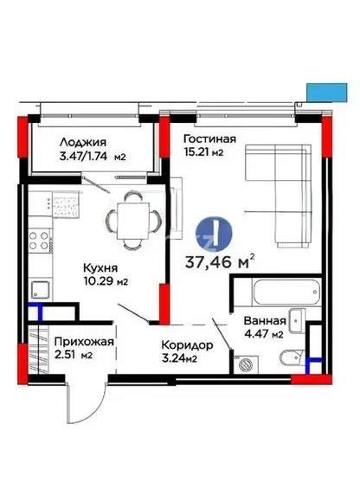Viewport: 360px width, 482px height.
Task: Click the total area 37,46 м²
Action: coord(222,260)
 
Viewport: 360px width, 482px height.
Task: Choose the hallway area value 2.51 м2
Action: coord(74,354)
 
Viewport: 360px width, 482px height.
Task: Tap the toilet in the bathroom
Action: coord(292,357)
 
